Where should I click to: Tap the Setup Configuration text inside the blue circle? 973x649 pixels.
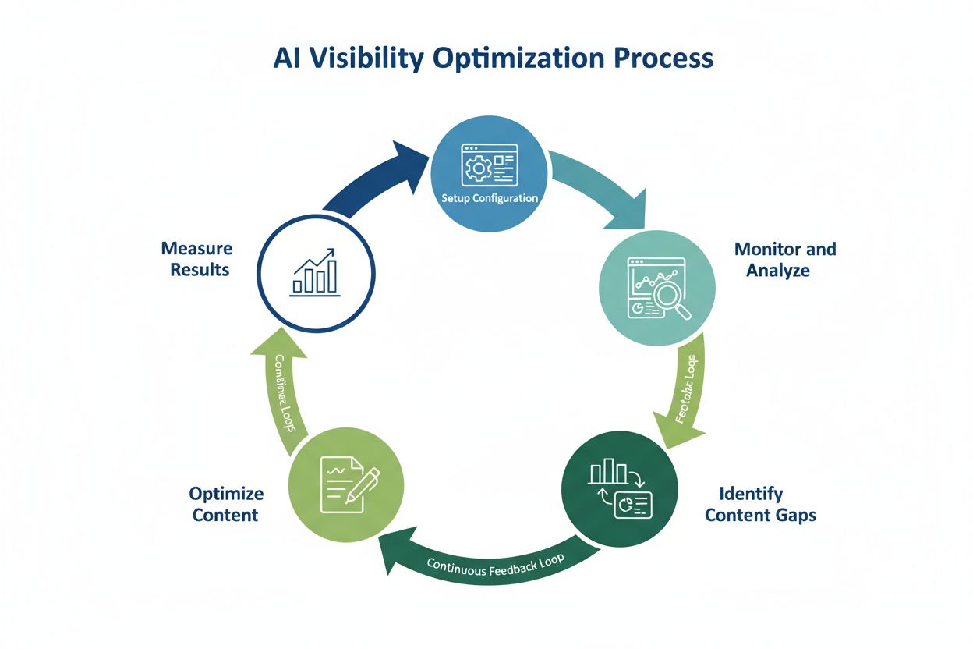click(490, 198)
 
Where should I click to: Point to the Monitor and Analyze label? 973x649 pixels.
click(784, 260)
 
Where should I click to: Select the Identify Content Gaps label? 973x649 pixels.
click(759, 504)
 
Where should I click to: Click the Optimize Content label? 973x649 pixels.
click(226, 504)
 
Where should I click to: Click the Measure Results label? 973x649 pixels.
click(196, 259)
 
